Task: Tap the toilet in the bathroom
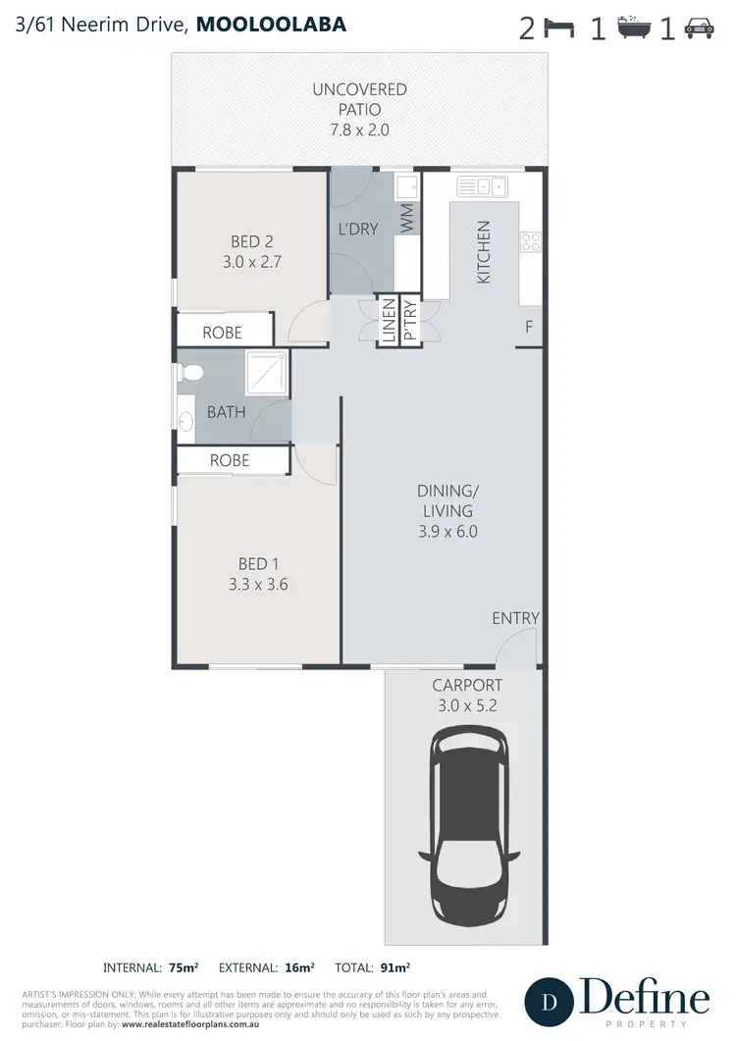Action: (x=192, y=372)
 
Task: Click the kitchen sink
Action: (x=480, y=184)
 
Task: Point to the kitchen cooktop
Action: (x=531, y=240)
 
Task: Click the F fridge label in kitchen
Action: (x=529, y=327)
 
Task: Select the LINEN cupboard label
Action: (x=388, y=321)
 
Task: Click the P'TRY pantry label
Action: (x=410, y=321)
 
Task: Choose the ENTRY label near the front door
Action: (x=515, y=617)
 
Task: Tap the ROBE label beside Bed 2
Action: (x=222, y=333)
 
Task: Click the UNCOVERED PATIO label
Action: (x=359, y=99)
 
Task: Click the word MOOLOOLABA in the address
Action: (x=271, y=24)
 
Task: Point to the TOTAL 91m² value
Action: (x=395, y=966)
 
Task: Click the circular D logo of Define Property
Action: (x=551, y=1002)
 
